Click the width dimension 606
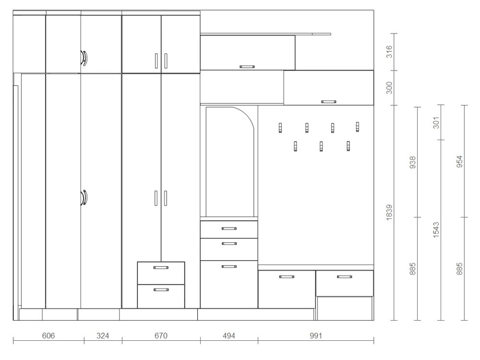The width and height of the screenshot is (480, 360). click(x=48, y=336)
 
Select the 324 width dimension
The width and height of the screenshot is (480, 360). click(x=103, y=336)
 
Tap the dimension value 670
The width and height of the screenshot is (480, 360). click(x=161, y=336)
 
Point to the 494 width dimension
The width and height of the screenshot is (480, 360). click(x=229, y=336)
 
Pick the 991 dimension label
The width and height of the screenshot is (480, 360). click(x=316, y=336)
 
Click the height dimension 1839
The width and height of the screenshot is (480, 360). click(x=389, y=213)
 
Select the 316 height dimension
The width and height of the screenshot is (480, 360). click(x=389, y=51)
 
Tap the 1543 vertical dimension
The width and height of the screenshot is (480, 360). click(x=436, y=230)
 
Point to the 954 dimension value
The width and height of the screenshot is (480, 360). click(x=460, y=161)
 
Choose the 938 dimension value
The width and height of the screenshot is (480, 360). click(x=413, y=162)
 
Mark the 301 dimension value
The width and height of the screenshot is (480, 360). click(x=436, y=122)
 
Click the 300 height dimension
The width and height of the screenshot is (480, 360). click(x=389, y=88)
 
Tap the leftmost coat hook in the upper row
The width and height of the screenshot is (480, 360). click(x=280, y=128)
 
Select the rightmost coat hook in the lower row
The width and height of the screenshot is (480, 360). click(x=348, y=146)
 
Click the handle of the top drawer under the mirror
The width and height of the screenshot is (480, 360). click(x=229, y=228)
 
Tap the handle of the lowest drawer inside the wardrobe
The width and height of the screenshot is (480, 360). click(x=161, y=289)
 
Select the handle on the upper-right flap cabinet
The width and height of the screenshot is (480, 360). click(x=329, y=102)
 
